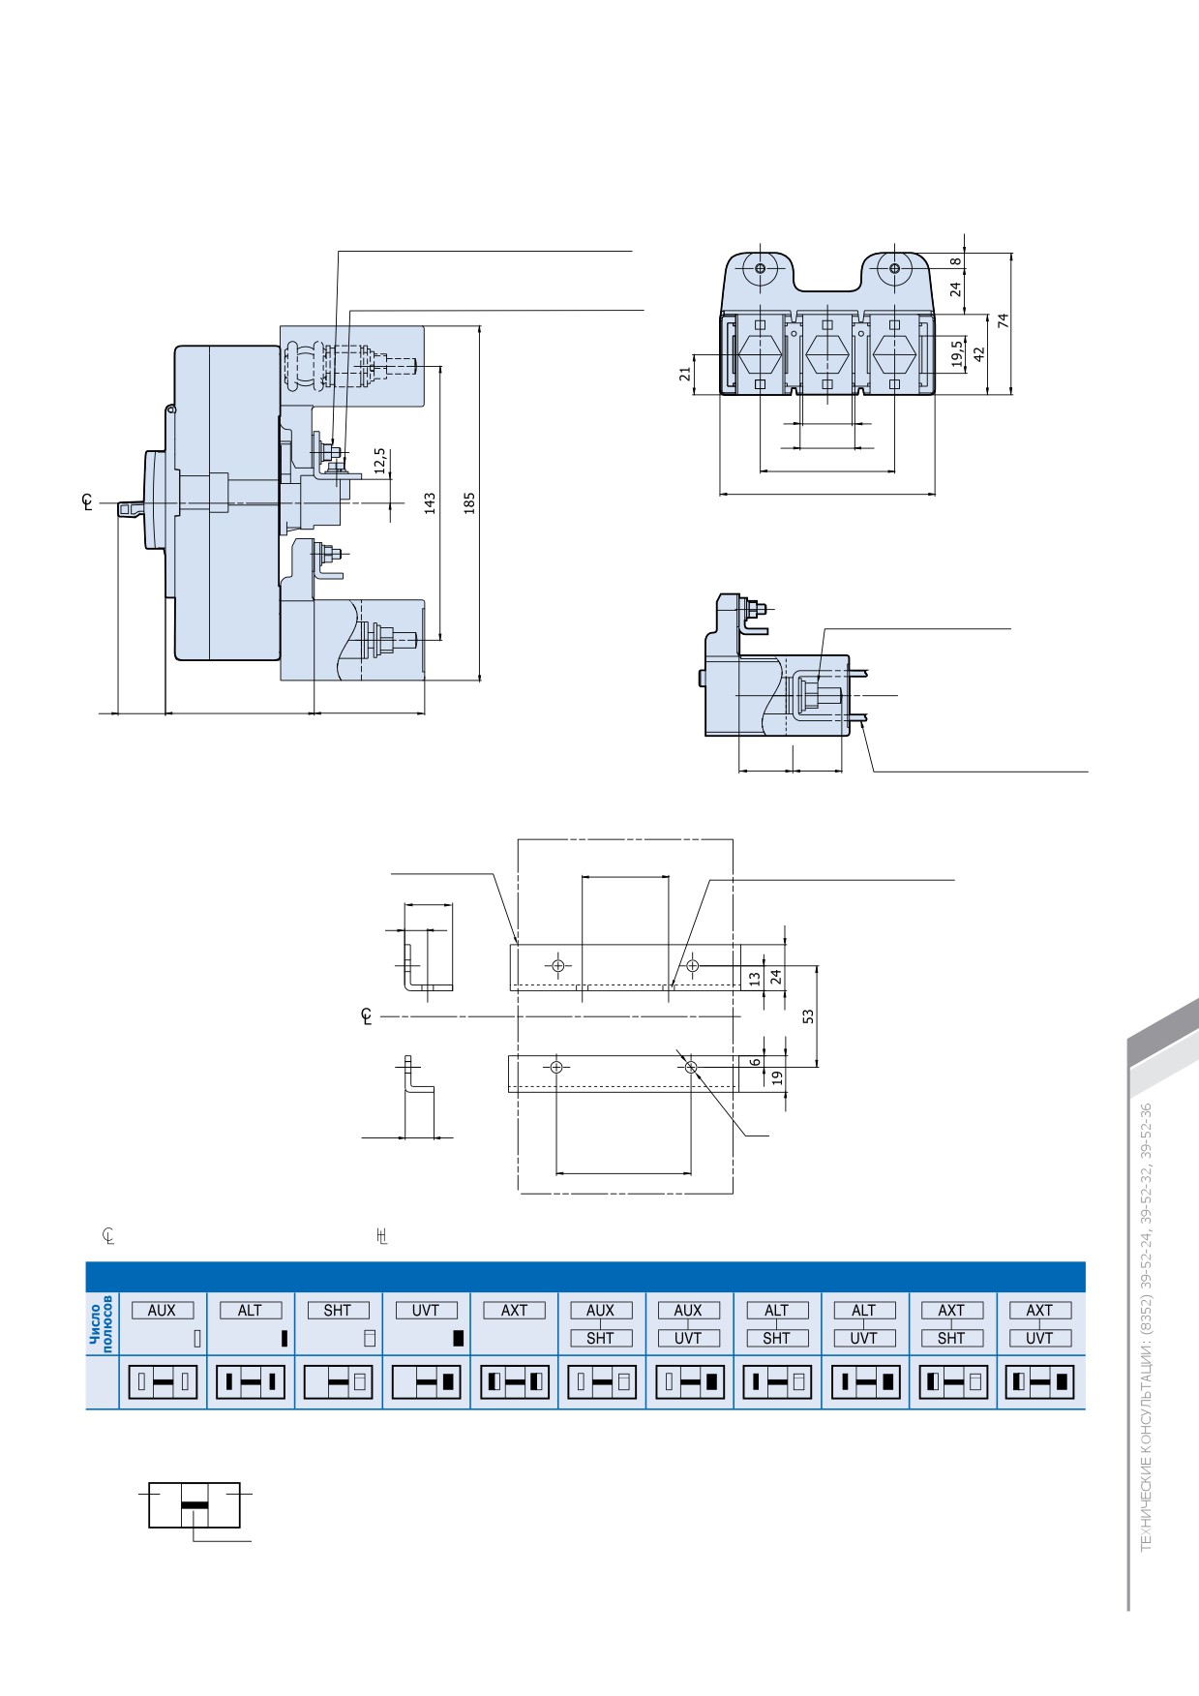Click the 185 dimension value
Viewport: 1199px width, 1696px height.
tap(469, 502)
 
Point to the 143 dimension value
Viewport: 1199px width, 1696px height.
tap(430, 502)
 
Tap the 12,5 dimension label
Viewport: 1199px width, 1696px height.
tap(379, 461)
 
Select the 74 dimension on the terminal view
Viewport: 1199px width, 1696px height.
tap(1004, 320)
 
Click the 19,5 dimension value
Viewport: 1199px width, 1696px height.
tap(957, 353)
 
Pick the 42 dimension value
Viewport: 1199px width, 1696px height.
tap(978, 353)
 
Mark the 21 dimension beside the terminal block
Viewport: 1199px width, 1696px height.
tap(685, 373)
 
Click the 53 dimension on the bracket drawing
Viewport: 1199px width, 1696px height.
tap(808, 1016)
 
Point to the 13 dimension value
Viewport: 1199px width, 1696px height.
tap(755, 979)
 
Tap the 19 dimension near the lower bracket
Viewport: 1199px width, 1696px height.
tap(777, 1076)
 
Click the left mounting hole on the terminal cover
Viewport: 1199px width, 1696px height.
tap(760, 267)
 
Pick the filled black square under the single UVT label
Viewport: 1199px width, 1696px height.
tap(458, 1339)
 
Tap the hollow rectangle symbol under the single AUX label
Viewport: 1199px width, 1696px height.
tap(197, 1339)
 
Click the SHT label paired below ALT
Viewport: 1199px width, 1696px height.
tap(776, 1338)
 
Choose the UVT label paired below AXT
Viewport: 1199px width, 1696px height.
tap(1039, 1338)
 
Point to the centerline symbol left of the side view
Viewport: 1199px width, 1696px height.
tap(88, 501)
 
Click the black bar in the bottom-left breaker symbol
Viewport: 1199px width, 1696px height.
tap(195, 1504)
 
